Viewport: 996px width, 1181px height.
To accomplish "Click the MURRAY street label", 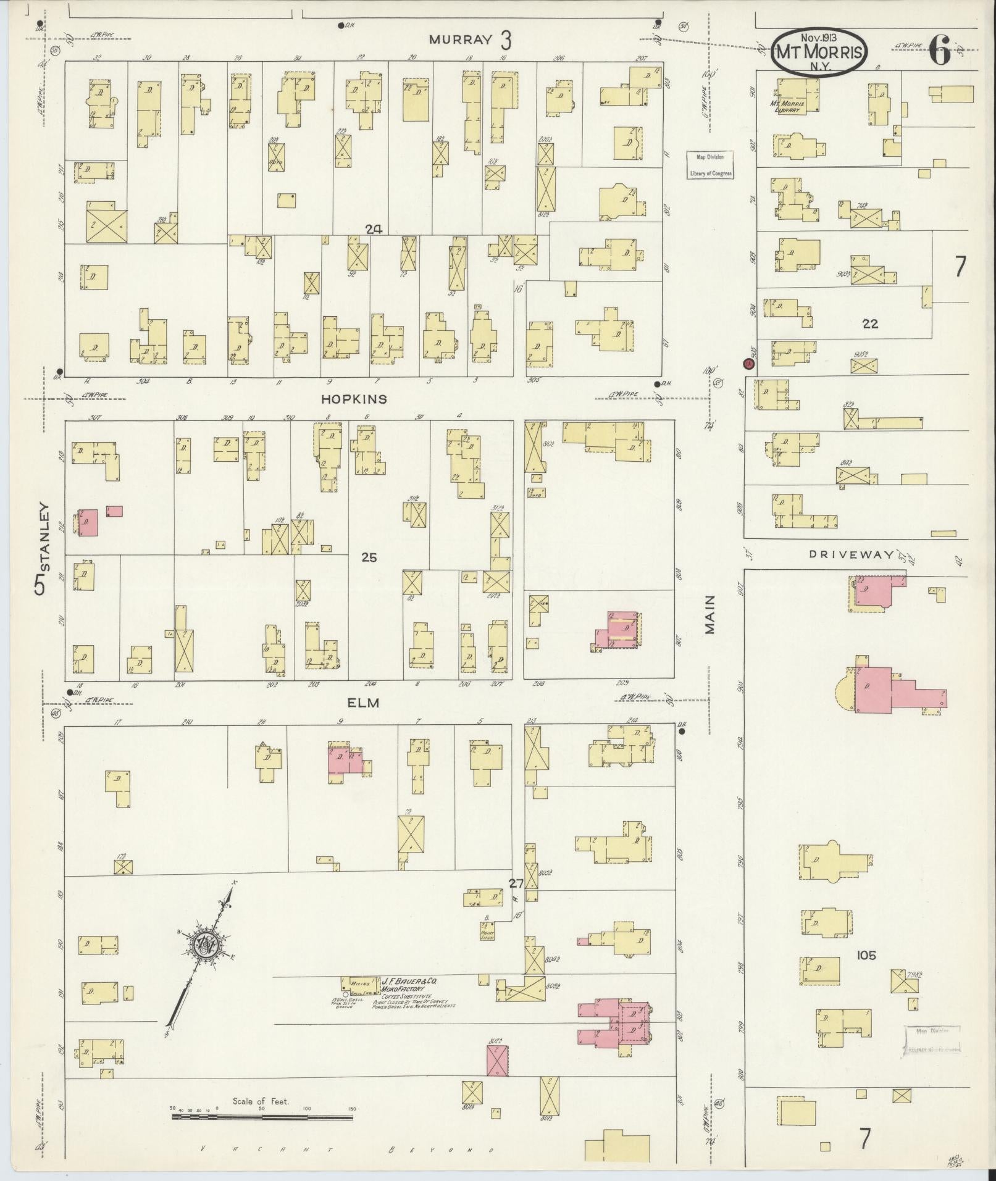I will (x=461, y=40).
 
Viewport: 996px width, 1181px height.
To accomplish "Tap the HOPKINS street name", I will (x=354, y=399).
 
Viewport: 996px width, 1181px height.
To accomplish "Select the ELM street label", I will (x=362, y=703).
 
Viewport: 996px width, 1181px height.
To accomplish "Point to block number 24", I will (x=373, y=229).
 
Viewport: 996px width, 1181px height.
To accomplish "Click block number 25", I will (x=369, y=557).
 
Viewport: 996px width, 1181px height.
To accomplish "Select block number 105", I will (x=866, y=955).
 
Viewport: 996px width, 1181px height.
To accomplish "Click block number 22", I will (x=870, y=323).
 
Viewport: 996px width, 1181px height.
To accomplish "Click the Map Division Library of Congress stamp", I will (x=710, y=165).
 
